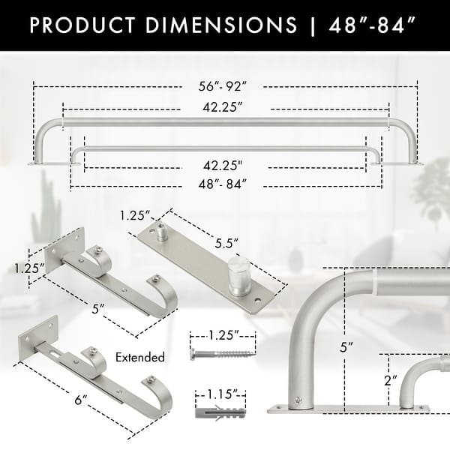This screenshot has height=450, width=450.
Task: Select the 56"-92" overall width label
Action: [x=221, y=87]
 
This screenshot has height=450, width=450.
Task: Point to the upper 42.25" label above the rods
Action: [x=221, y=107]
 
